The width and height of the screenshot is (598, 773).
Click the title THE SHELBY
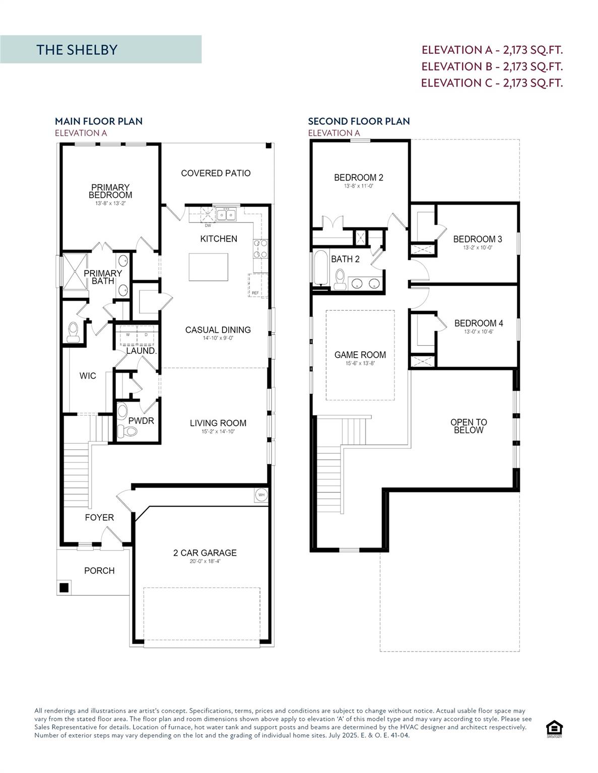click(x=77, y=49)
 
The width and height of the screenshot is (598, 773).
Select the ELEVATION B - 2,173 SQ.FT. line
click(x=492, y=66)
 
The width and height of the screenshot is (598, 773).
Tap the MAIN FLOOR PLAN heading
click(x=99, y=121)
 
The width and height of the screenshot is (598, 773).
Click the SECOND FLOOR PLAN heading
click(x=359, y=121)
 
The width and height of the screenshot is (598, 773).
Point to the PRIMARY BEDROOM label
click(x=110, y=191)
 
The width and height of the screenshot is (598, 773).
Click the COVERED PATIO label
click(x=216, y=173)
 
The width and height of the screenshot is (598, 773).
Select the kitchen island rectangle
click(x=208, y=267)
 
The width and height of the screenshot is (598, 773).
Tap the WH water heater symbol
click(x=261, y=495)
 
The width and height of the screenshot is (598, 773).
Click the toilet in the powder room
click(x=130, y=431)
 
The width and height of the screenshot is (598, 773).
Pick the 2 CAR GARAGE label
click(x=205, y=553)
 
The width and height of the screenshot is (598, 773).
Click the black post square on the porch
click(x=64, y=587)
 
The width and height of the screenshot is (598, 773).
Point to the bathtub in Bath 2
click(x=320, y=268)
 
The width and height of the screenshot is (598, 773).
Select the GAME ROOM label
click(x=360, y=355)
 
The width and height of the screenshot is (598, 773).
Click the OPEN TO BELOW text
click(x=469, y=426)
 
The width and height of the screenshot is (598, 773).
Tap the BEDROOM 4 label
click(x=478, y=323)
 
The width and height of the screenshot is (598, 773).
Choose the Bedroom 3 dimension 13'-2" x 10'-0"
click(x=478, y=248)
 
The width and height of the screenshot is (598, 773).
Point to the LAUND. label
click(x=141, y=351)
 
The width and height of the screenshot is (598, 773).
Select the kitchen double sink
click(x=226, y=215)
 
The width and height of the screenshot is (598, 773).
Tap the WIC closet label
click(x=88, y=376)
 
